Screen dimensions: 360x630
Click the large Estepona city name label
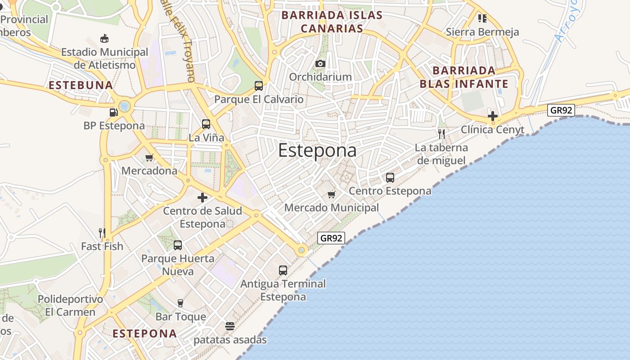click(x=317, y=150)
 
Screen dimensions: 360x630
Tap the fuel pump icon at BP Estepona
click(x=113, y=112)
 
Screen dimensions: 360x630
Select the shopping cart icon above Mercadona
click(x=149, y=157)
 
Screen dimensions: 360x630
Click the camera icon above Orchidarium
click(x=320, y=63)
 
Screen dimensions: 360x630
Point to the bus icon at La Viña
click(x=206, y=124)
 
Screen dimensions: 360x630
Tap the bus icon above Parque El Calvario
click(x=259, y=85)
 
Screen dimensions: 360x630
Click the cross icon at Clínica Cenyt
click(x=493, y=116)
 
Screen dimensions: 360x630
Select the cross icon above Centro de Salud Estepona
click(x=202, y=197)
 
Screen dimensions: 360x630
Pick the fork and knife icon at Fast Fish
click(x=102, y=233)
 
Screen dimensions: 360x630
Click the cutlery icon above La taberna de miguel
click(x=441, y=134)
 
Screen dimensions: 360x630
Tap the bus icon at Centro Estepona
click(x=390, y=177)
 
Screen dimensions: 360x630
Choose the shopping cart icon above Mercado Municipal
click(x=332, y=194)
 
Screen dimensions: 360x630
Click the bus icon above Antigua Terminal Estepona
click(x=283, y=270)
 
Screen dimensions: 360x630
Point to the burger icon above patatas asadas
click(x=230, y=326)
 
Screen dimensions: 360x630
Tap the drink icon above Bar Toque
click(x=181, y=303)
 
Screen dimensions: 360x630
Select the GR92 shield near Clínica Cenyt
click(x=561, y=110)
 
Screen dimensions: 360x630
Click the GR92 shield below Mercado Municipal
click(x=331, y=238)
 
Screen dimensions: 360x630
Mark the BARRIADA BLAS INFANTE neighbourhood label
click(x=464, y=77)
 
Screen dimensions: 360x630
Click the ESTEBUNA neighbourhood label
click(x=81, y=85)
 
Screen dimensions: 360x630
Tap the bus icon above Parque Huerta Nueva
click(x=178, y=245)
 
